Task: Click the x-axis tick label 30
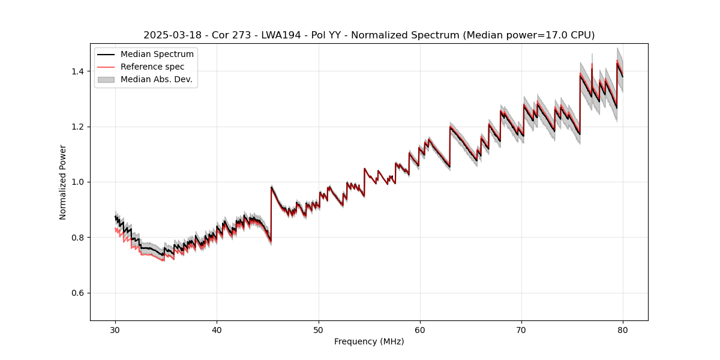click(115, 329)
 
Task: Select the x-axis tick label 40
click(217, 329)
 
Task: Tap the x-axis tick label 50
click(319, 329)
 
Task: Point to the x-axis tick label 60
click(420, 329)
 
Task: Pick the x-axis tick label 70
click(521, 329)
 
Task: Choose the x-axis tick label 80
click(623, 329)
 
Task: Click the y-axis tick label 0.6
click(77, 293)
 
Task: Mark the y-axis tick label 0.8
click(77, 238)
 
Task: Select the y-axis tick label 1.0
click(77, 182)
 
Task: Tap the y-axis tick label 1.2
click(77, 127)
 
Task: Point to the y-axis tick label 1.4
click(77, 71)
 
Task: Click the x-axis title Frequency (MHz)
click(369, 341)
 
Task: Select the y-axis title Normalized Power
click(63, 182)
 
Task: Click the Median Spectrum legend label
click(157, 55)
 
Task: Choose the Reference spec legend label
click(152, 67)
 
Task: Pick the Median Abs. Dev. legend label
click(157, 79)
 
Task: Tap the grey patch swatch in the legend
click(106, 79)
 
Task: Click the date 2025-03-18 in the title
click(170, 35)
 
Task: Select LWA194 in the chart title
click(281, 35)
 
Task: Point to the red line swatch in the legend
click(106, 67)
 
